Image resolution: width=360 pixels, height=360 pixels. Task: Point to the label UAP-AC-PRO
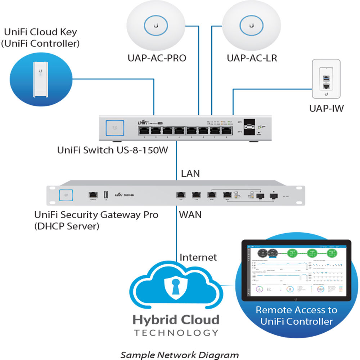[x=157, y=58]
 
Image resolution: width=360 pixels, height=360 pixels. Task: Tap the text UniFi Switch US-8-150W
[x=113, y=150]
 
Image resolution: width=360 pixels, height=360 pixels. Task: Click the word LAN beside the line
[x=190, y=174]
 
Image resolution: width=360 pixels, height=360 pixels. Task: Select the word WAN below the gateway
[x=190, y=215]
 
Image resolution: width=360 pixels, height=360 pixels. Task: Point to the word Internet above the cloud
[x=198, y=257]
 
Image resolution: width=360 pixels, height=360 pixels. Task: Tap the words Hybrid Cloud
[x=176, y=320]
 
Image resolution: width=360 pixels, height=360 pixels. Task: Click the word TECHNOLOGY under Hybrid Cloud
[x=176, y=332]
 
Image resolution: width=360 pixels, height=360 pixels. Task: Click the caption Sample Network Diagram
[x=179, y=355]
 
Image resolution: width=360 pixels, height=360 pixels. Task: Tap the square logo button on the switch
[x=115, y=128]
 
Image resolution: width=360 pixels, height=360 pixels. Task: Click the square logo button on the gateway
[x=66, y=195]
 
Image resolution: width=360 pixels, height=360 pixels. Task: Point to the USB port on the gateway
[x=106, y=195]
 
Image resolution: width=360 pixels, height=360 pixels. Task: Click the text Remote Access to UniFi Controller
[x=296, y=315]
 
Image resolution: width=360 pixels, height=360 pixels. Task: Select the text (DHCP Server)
[x=67, y=227]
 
